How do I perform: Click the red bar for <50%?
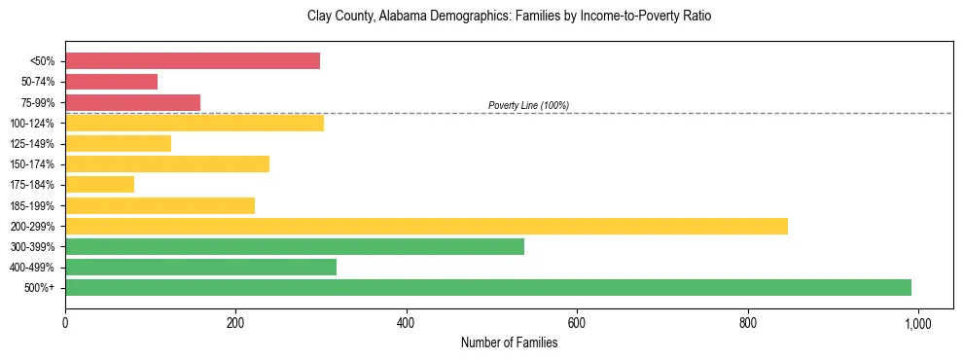(193, 61)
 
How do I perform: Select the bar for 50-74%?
(111, 82)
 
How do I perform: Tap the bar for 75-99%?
(132, 102)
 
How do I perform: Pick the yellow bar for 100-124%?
(195, 123)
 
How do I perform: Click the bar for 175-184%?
(99, 185)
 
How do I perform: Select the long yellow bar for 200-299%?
(426, 226)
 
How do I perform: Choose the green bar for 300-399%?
(295, 246)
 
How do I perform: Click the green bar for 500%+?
(488, 287)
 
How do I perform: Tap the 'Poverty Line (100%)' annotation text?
(528, 105)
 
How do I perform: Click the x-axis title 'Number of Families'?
(509, 342)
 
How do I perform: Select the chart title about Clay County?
(509, 17)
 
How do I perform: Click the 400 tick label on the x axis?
(407, 322)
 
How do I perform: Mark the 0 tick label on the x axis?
(65, 322)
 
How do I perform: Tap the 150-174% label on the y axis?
(32, 164)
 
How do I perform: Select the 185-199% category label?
(32, 205)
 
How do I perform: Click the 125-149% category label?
(32, 144)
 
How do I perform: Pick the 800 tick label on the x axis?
(747, 322)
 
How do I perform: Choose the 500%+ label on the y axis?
(40, 288)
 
